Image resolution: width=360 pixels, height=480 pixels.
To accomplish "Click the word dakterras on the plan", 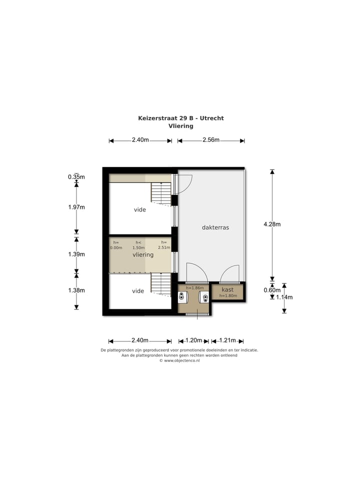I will pyautogui.click(x=215, y=227).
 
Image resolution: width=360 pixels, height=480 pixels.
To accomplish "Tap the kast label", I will pyautogui.click(x=227, y=289).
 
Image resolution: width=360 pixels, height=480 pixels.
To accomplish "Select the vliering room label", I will pyautogui.click(x=142, y=254).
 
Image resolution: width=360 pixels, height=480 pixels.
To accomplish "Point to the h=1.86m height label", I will pyautogui.click(x=194, y=288).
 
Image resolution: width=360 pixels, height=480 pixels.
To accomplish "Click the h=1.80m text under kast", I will pyautogui.click(x=228, y=296).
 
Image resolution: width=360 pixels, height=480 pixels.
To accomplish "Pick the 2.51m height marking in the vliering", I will pyautogui.click(x=163, y=247).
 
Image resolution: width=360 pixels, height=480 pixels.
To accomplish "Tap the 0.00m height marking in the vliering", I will pyautogui.click(x=116, y=247).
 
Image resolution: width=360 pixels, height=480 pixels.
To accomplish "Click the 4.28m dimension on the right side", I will pyautogui.click(x=272, y=224).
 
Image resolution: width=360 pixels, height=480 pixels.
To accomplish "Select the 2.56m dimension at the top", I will pyautogui.click(x=211, y=140).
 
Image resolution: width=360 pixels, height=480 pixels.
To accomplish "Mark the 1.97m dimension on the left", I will pyautogui.click(x=76, y=207).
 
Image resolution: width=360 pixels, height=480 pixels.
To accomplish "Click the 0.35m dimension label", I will pyautogui.click(x=76, y=176).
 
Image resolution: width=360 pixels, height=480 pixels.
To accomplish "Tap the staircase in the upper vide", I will pyautogui.click(x=161, y=193).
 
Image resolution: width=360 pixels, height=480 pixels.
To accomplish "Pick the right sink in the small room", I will pyautogui.click(x=205, y=297).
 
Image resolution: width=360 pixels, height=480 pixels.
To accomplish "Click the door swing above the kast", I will pyautogui.click(x=231, y=274).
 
